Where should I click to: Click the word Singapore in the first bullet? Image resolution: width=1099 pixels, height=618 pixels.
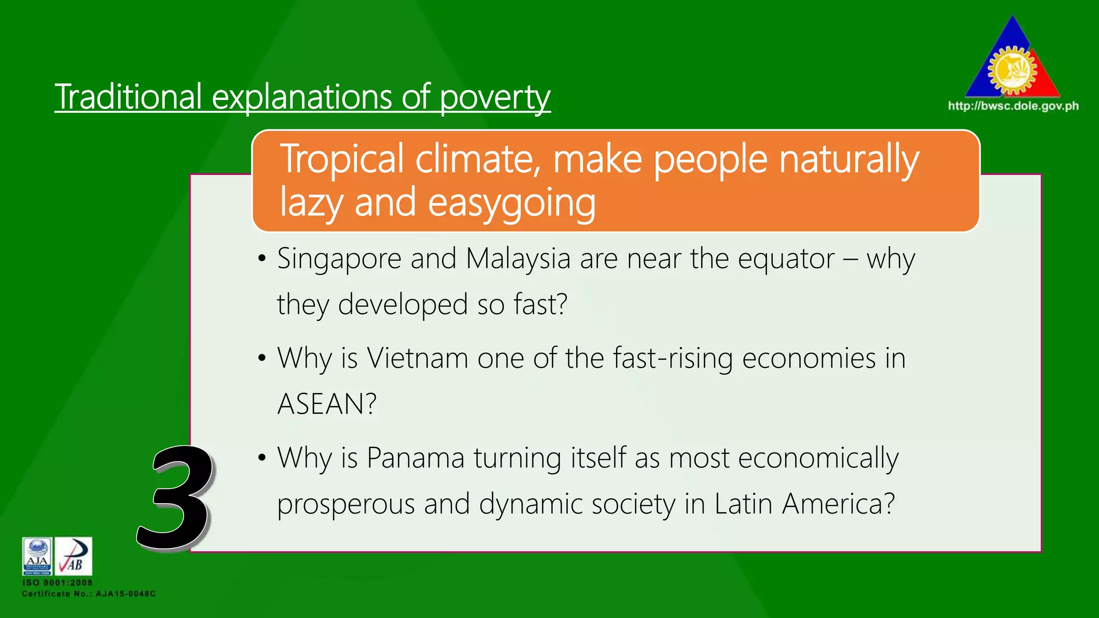click(x=339, y=260)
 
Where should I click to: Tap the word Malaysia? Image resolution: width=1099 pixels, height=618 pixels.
click(x=518, y=259)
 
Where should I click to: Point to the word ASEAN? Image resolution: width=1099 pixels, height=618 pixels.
click(x=327, y=404)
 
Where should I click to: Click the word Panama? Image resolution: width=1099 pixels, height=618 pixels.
click(x=415, y=458)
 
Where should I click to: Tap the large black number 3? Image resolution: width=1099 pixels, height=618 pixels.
click(x=174, y=498)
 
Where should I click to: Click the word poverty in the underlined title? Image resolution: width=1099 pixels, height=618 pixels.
click(x=495, y=98)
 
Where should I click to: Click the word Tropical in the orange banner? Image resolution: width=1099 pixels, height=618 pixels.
click(x=342, y=159)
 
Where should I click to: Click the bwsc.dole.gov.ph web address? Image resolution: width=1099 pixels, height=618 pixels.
click(x=1013, y=106)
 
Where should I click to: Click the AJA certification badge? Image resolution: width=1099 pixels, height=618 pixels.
click(x=37, y=556)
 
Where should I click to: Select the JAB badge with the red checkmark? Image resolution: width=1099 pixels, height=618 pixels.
click(x=74, y=556)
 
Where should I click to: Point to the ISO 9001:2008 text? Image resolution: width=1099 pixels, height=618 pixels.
click(x=57, y=583)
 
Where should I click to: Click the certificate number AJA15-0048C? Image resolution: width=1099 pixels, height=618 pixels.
click(x=126, y=594)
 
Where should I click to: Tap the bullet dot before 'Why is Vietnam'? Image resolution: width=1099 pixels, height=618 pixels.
click(x=262, y=358)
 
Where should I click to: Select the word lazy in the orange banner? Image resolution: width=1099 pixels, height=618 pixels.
click(x=312, y=203)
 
